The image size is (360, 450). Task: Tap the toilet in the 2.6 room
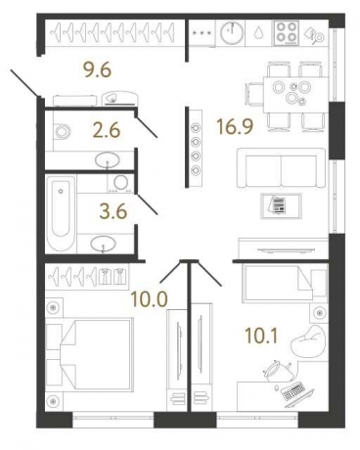[64, 132]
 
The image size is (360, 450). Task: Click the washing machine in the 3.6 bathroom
[121, 184]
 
